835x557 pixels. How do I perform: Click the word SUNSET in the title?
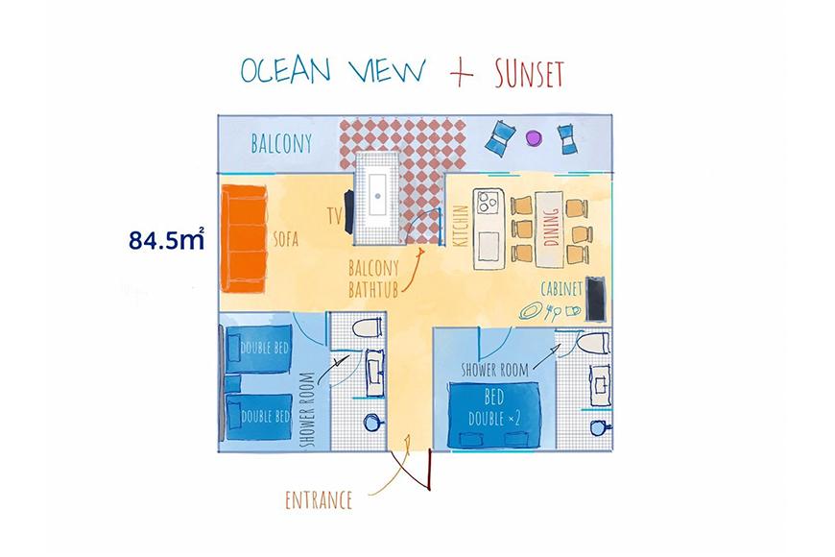point(529,74)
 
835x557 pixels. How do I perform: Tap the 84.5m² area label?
point(167,240)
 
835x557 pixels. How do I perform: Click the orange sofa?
point(244,238)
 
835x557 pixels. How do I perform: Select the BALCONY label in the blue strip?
point(281,143)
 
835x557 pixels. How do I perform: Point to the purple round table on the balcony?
point(533,138)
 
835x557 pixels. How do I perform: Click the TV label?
point(335,216)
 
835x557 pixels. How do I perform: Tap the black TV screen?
point(348,212)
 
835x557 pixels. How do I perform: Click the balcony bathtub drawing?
point(377,198)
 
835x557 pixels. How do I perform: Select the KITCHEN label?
point(462,226)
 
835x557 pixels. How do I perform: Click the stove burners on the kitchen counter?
point(489,201)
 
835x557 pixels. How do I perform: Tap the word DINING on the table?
point(551,227)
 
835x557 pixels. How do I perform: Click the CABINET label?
point(562,289)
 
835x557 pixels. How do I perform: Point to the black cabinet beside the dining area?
point(595,299)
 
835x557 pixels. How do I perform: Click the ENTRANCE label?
point(319,500)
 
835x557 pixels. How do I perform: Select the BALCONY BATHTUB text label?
point(374,278)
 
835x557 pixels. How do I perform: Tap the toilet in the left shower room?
point(367,327)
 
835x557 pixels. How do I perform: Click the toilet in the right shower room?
point(593,343)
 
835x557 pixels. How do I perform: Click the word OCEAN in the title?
point(285,70)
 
